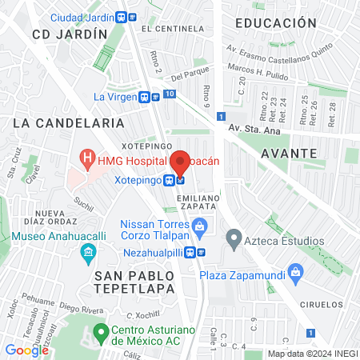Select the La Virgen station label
[x=115, y=97]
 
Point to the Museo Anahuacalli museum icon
[x=88, y=255]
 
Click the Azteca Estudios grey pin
[x=234, y=238]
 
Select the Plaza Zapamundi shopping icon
[x=295, y=272]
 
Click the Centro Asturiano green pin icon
[x=101, y=330]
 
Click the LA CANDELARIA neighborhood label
[x=69, y=123]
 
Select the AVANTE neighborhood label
[x=289, y=153]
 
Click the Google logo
[x=26, y=350]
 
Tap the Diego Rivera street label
[x=78, y=306]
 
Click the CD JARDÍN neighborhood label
[x=70, y=34]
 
